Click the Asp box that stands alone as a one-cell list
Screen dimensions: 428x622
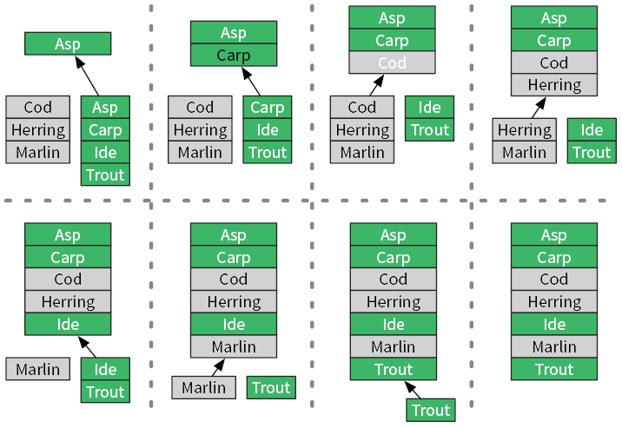[x=68, y=43]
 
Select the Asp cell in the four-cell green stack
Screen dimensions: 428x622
[x=105, y=108]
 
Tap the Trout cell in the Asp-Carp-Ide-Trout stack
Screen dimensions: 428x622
[x=105, y=174]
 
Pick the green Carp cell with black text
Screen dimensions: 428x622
[x=233, y=56]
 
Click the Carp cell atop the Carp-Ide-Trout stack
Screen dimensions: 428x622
[x=268, y=108]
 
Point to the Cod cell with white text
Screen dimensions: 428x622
[x=392, y=63]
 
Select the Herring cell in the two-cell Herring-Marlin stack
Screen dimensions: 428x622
[x=525, y=130]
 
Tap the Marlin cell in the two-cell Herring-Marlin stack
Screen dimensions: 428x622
[x=525, y=153]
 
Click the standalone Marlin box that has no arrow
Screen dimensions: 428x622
[x=37, y=369]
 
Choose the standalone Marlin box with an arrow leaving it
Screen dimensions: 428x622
[x=203, y=388]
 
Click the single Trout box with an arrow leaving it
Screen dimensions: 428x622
[x=430, y=411]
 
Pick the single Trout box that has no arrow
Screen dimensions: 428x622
[x=271, y=388]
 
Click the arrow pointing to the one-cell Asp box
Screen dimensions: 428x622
[x=86, y=76]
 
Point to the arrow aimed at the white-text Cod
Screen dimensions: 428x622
[x=375, y=86]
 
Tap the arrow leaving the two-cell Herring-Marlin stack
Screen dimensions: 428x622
[x=538, y=108]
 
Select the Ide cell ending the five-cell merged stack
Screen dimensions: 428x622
[x=68, y=325]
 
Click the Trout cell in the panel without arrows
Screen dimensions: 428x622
[x=554, y=369]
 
